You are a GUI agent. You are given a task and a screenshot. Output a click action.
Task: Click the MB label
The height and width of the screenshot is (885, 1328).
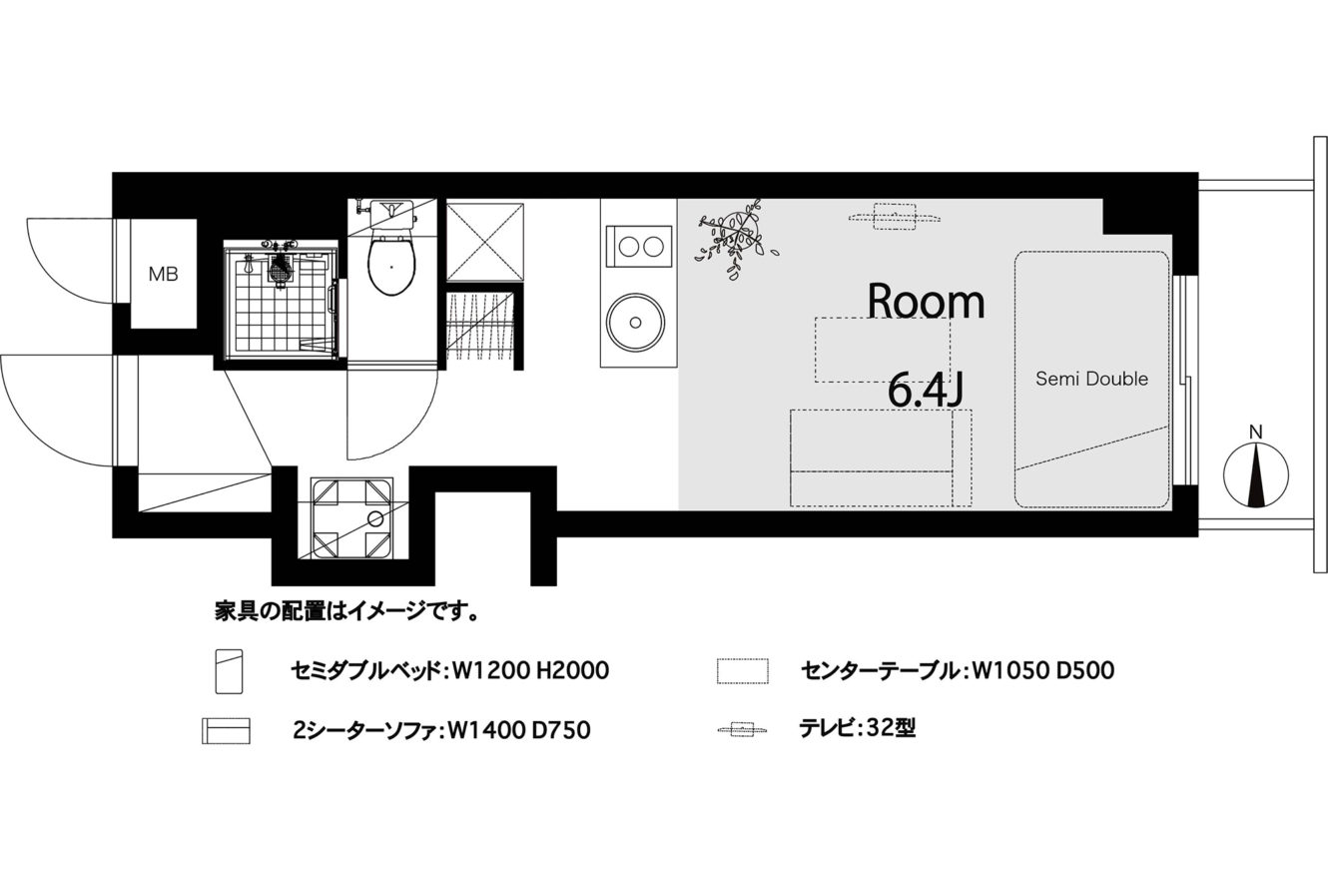click(163, 274)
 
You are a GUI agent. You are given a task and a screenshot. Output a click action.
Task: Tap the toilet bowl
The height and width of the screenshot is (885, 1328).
click(391, 266)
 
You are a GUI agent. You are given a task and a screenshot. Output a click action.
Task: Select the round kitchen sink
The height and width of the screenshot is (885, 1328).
click(635, 322)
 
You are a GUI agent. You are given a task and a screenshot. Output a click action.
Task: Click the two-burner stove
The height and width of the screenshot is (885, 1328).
click(638, 247)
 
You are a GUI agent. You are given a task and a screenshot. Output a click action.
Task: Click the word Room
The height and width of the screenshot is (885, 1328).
click(926, 302)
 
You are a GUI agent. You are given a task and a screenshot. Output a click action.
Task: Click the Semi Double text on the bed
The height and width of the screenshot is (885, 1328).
click(1091, 379)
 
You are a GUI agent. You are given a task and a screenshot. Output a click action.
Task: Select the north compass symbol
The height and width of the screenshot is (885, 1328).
click(1256, 472)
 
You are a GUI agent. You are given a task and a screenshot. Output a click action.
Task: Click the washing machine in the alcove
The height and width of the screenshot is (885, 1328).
click(352, 519)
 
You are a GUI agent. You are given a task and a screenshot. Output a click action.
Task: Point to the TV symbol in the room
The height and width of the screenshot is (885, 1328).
click(894, 217)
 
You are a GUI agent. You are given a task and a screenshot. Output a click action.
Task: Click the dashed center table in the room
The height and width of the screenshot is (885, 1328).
click(883, 350)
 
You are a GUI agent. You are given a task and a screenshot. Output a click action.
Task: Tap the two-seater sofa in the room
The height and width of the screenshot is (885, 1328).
click(881, 457)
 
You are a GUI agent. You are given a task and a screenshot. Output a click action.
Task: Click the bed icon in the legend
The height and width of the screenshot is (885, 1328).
click(229, 671)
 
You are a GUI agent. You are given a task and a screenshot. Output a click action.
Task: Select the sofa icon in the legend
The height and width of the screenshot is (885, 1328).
click(226, 730)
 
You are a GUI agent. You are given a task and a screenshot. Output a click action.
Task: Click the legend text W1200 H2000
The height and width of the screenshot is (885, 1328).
click(530, 671)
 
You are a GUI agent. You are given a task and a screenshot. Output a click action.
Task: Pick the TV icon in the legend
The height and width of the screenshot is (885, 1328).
click(742, 729)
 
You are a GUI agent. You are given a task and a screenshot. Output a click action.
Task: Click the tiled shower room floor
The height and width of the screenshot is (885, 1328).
click(279, 306)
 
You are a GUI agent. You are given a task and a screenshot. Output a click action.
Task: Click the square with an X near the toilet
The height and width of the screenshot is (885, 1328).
click(485, 242)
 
